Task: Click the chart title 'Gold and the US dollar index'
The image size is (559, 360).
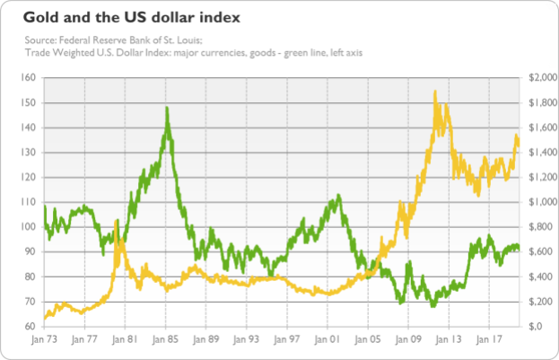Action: coord(125,17)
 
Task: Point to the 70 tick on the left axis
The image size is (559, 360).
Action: coord(29,302)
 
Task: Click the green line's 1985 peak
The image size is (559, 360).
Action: coord(167,109)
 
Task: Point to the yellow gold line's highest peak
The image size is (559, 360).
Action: coord(435,92)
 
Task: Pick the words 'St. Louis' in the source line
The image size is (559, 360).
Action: coord(186,40)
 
